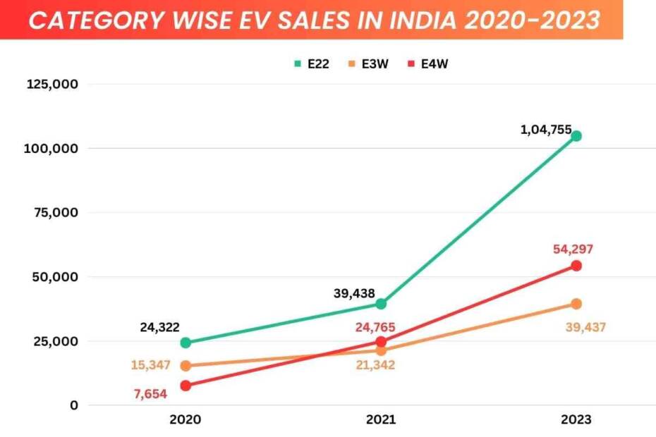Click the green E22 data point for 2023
pyautogui.click(x=576, y=136)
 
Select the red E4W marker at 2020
pyautogui.click(x=186, y=386)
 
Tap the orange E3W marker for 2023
pyautogui.click(x=576, y=304)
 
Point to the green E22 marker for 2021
pyautogui.click(x=381, y=304)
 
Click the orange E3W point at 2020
pyautogui.click(x=186, y=366)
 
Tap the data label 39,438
pyautogui.click(x=354, y=293)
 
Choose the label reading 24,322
pyautogui.click(x=159, y=327)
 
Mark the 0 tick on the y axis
pyautogui.click(x=73, y=405)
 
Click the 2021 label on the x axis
pyautogui.click(x=381, y=419)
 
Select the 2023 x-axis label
pyautogui.click(x=576, y=419)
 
